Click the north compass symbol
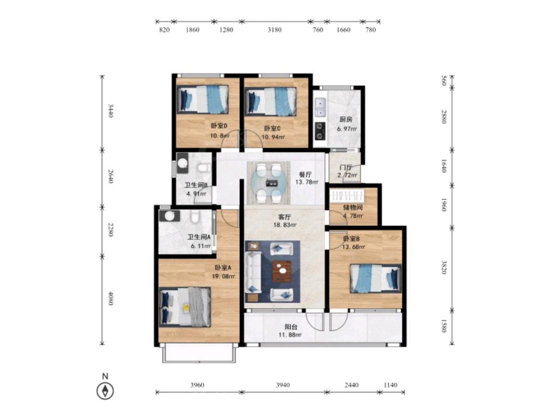(105, 391)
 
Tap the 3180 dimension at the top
(275, 30)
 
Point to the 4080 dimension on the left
(111, 299)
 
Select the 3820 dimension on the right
(444, 267)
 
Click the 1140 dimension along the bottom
(390, 385)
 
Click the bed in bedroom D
(203, 99)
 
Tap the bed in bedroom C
(271, 102)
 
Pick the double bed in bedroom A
(185, 307)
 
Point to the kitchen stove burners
(320, 131)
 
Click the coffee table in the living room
(282, 271)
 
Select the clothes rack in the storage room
(347, 196)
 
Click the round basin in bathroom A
(170, 216)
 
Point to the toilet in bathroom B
(204, 168)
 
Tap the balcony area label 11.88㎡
(290, 335)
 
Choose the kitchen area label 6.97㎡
(347, 129)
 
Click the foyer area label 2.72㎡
(348, 175)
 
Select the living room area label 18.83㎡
(285, 225)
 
